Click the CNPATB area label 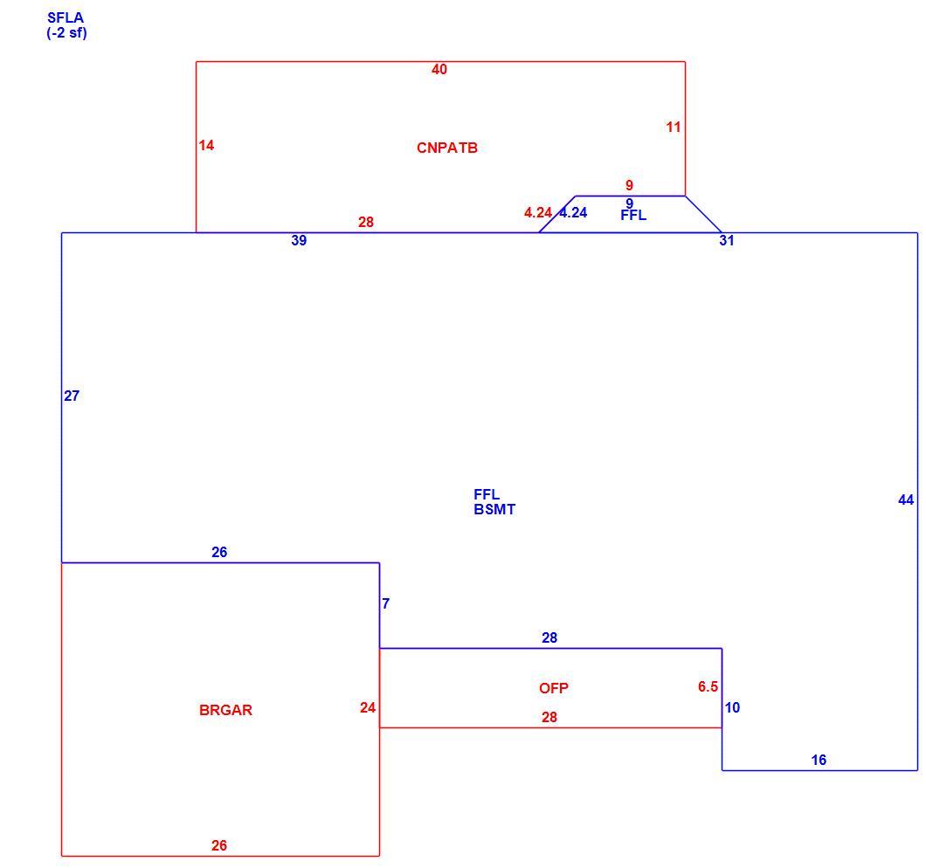click(447, 148)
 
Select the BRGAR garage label click(225, 710)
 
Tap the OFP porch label click(553, 688)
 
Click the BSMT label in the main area click(494, 509)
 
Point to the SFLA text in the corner click(66, 17)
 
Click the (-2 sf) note click(66, 32)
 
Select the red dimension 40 click(439, 69)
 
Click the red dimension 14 click(206, 145)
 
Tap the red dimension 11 click(674, 127)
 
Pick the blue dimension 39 click(299, 240)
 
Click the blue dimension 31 click(727, 240)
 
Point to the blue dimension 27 click(72, 396)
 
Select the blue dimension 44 click(906, 500)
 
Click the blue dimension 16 click(819, 760)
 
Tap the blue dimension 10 click(732, 707)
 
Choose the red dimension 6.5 click(708, 686)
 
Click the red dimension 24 click(367, 707)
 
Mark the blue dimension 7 click(385, 603)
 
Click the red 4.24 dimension click(538, 212)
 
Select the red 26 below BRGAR click(219, 845)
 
